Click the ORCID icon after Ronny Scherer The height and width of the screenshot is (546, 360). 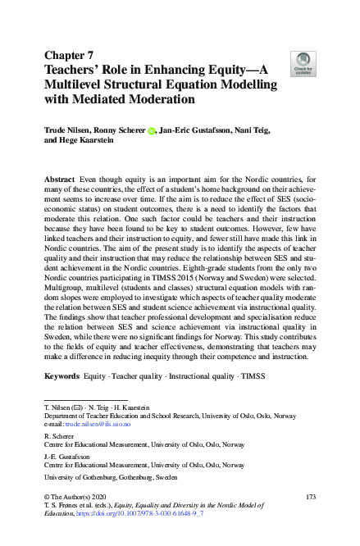point(151,130)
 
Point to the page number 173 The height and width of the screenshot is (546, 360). point(309,497)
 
